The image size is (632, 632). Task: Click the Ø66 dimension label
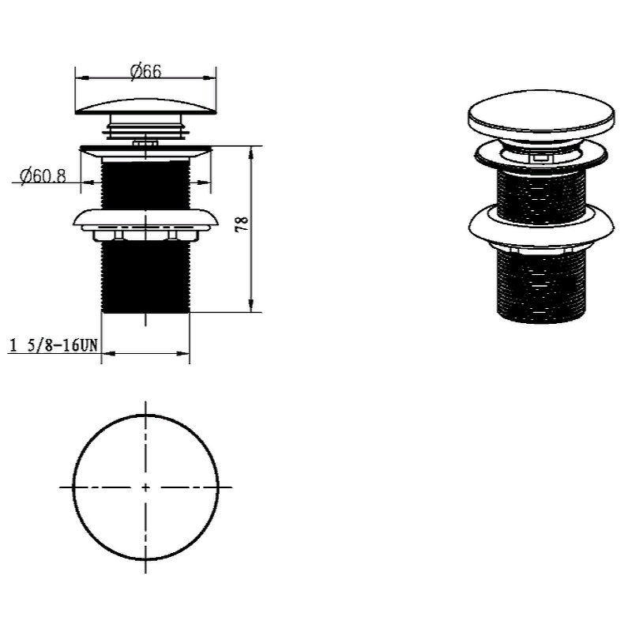tap(145, 71)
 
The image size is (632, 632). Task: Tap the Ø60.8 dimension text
tap(43, 175)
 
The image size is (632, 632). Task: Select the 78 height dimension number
tap(242, 224)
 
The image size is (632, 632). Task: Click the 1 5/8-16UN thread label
tap(53, 345)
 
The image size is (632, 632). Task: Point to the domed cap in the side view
tap(145, 107)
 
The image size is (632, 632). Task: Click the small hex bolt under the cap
tap(145, 143)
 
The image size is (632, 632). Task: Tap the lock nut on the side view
tap(145, 225)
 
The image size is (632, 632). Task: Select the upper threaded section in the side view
tap(145, 184)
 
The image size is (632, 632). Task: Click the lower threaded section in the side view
tap(145, 277)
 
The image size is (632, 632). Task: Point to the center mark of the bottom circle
tap(145, 487)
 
